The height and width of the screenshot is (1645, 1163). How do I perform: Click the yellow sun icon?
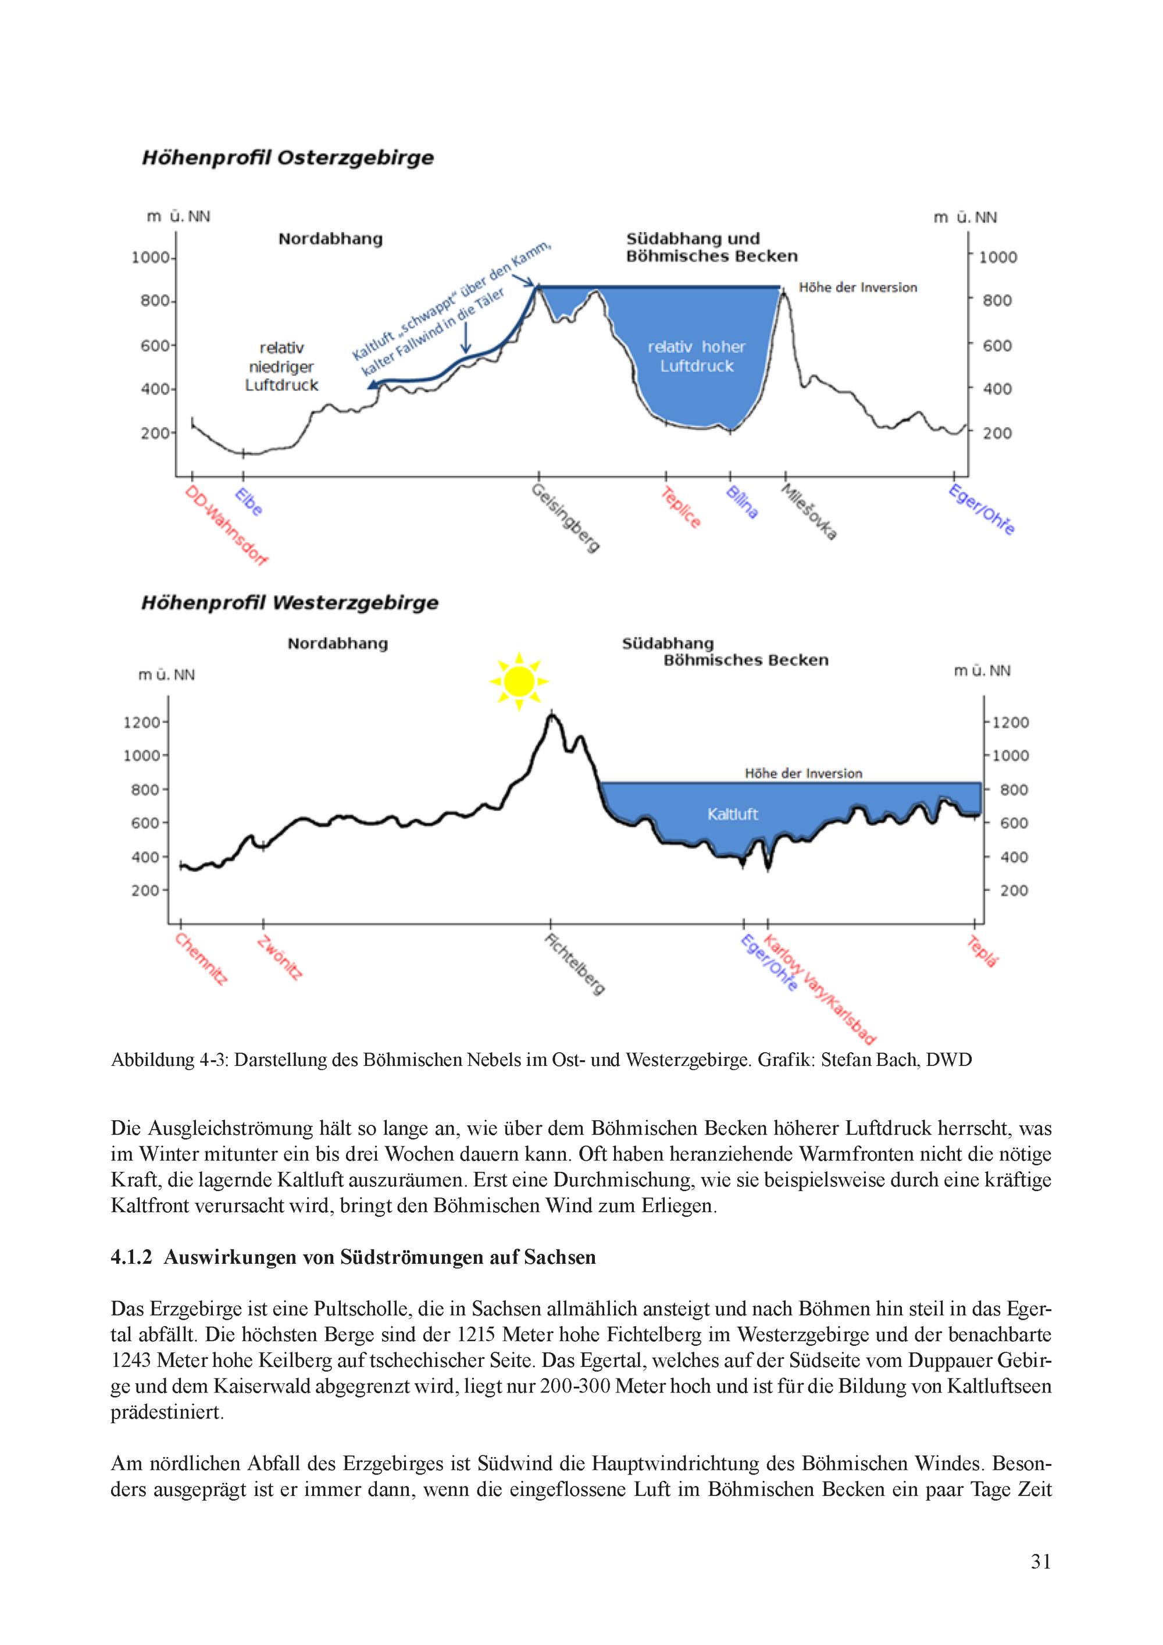[x=519, y=681]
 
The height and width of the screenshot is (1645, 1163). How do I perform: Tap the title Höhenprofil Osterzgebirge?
[x=288, y=158]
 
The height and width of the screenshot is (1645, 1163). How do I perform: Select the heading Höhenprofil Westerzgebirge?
[x=290, y=602]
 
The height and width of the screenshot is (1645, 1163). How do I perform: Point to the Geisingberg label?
[x=566, y=517]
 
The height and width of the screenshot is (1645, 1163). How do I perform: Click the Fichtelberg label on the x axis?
[x=576, y=964]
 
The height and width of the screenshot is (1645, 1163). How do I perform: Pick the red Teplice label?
[x=680, y=507]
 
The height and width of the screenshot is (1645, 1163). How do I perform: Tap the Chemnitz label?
[x=202, y=960]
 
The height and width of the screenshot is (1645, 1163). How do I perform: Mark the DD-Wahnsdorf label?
[x=226, y=525]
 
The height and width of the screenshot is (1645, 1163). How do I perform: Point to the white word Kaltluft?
[x=732, y=814]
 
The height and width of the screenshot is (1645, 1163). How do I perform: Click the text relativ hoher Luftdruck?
[x=697, y=356]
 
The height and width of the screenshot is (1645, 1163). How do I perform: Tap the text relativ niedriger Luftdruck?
[x=281, y=366]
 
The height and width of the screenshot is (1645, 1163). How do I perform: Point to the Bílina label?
[x=742, y=502]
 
